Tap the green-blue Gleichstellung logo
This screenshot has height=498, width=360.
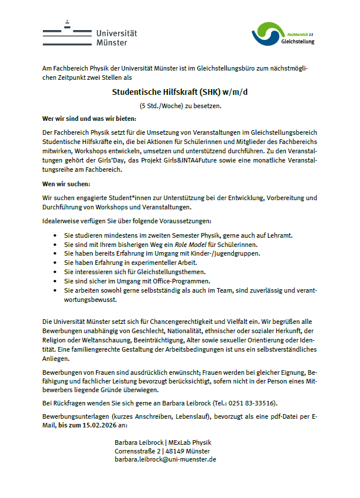[283, 35]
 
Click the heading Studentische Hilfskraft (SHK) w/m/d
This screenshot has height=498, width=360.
[180, 91]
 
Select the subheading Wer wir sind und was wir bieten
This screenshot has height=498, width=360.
[89, 119]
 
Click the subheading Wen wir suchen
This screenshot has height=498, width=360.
[67, 184]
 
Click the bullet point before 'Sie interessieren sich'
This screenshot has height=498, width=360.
[54, 272]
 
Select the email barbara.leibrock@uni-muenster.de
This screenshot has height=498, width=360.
[166, 459]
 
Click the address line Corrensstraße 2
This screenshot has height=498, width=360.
[137, 451]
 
